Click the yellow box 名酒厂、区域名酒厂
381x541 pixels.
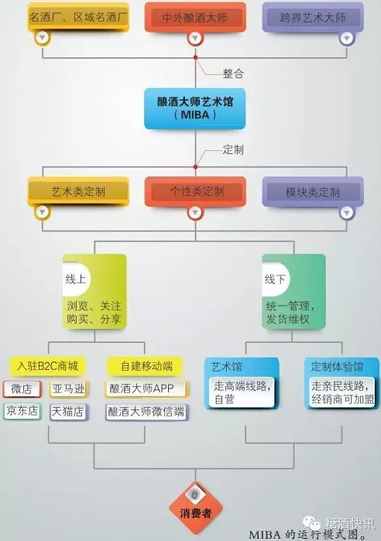78,17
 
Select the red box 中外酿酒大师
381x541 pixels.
195,17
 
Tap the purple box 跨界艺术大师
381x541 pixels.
313,17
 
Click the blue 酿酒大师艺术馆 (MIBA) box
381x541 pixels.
195,108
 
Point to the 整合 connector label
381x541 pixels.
233,74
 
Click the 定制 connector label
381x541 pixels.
233,149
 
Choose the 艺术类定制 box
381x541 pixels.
78,191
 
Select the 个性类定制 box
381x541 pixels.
195,191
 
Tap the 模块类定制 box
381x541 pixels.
313,191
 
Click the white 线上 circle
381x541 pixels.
77,279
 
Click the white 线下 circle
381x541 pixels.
276,279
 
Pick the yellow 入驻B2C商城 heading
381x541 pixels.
47,366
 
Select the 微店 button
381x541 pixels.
22,389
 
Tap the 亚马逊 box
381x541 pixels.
69,389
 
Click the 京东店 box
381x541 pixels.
22,411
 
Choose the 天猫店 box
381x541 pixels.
69,411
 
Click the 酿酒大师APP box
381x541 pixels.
146,389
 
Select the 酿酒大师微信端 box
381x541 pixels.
146,412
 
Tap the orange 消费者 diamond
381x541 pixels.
195,508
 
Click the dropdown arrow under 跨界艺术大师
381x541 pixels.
347,38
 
